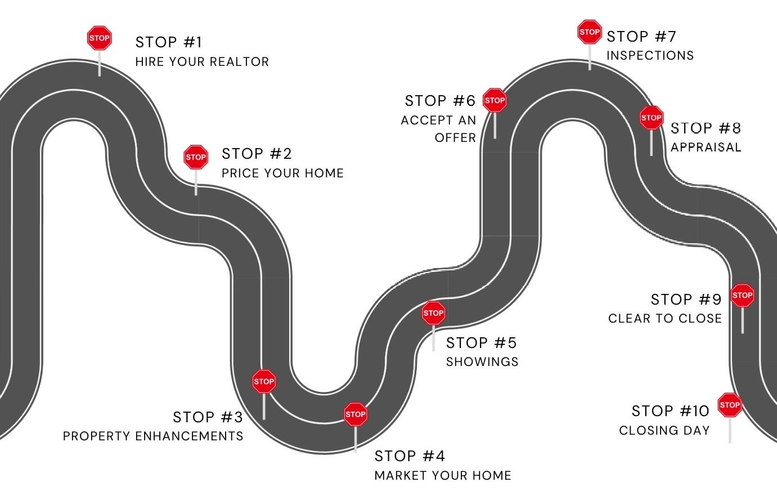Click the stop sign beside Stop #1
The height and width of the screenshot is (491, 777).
[x=100, y=38]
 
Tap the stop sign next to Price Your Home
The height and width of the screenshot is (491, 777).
[x=196, y=157]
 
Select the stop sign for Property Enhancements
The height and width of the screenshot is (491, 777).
[x=264, y=381]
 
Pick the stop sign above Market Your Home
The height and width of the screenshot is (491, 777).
[x=356, y=414]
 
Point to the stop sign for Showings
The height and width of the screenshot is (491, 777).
[x=433, y=313]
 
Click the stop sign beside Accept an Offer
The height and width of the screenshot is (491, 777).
[x=495, y=100]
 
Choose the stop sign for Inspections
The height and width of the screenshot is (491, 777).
[x=590, y=32]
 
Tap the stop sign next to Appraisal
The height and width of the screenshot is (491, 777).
[x=651, y=118]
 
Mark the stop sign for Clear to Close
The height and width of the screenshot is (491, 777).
[x=742, y=295]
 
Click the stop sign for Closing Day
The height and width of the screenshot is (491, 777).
[x=730, y=405]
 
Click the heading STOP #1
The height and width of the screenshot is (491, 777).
[x=169, y=42]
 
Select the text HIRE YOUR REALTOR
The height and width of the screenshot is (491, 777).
[x=202, y=61]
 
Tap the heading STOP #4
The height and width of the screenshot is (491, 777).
[x=410, y=456]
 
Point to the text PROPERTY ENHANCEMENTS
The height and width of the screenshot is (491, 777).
[x=153, y=436]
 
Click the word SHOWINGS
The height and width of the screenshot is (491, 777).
[x=482, y=361]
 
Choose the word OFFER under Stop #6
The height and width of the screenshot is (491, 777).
[x=455, y=137]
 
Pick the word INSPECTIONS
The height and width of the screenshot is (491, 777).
[x=650, y=55]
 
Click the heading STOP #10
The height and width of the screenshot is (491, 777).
[x=671, y=411]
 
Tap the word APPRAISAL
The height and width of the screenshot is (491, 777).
[x=706, y=147]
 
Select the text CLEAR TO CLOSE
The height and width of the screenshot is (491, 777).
[x=664, y=318]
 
